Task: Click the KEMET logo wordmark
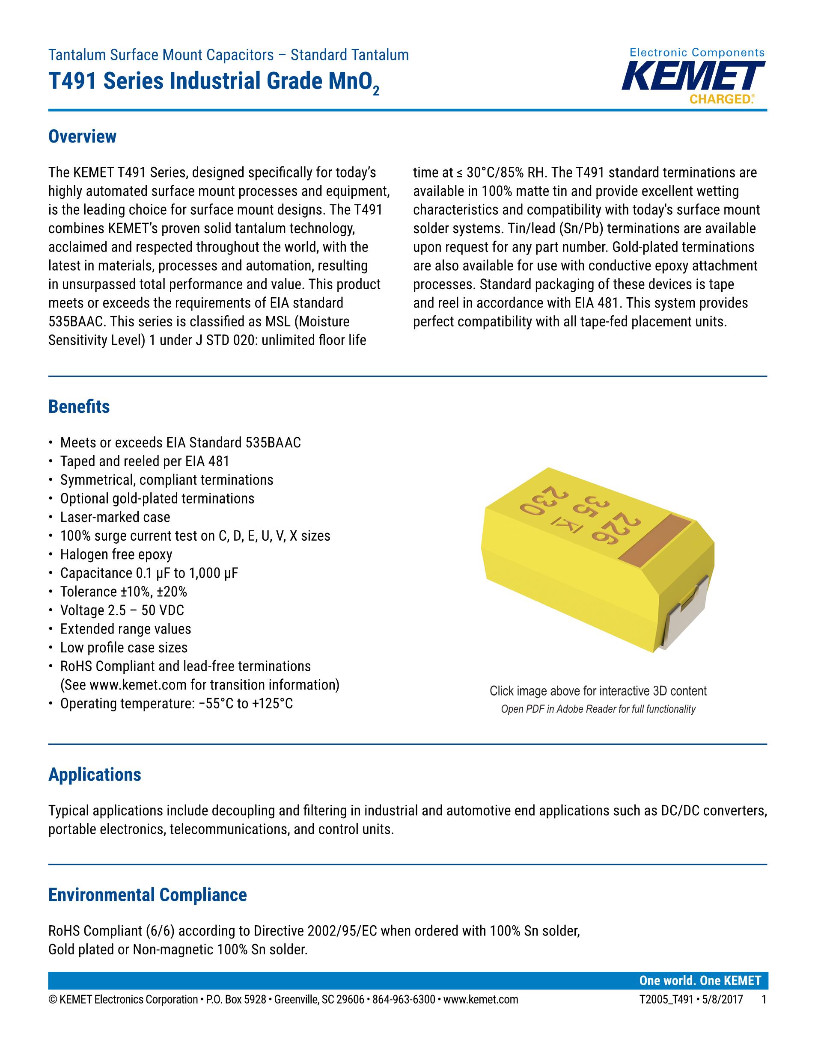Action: tap(693, 77)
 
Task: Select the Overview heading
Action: tap(82, 136)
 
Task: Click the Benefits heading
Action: tap(79, 407)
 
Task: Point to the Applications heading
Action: tap(95, 775)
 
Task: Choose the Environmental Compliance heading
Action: tap(147, 895)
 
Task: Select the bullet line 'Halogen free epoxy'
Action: tap(116, 554)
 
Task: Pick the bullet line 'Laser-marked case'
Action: tap(115, 517)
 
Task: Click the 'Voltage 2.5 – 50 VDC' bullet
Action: tap(122, 610)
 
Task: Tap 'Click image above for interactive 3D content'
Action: tap(598, 691)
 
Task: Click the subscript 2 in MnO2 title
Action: tap(376, 90)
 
